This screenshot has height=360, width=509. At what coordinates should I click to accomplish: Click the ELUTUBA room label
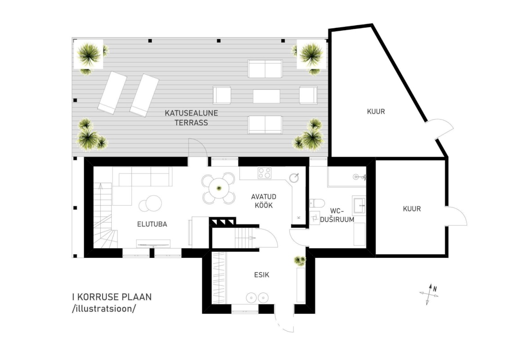pyautogui.click(x=152, y=224)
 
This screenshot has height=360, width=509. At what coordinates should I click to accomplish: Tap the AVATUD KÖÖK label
pyautogui.click(x=264, y=201)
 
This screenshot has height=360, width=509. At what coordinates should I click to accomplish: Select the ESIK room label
pyautogui.click(x=261, y=275)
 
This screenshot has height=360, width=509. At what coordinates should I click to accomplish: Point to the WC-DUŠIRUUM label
pyautogui.click(x=337, y=216)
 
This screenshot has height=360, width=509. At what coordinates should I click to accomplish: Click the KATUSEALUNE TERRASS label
pyautogui.click(x=191, y=118)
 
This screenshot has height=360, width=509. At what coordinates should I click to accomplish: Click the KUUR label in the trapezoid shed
pyautogui.click(x=376, y=111)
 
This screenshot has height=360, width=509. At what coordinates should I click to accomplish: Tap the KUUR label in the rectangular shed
pyautogui.click(x=412, y=209)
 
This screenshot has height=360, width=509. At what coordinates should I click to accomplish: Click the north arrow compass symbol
pyautogui.click(x=429, y=294)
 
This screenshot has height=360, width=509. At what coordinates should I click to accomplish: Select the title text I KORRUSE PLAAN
pyautogui.click(x=112, y=297)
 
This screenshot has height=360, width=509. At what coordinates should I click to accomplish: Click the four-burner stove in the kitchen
pyautogui.click(x=265, y=173)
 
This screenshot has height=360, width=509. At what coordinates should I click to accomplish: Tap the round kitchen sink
pyautogui.click(x=294, y=178)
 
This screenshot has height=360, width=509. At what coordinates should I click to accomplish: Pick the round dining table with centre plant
pyautogui.click(x=219, y=188)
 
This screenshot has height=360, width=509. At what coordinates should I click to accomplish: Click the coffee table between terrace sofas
pyautogui.click(x=266, y=96)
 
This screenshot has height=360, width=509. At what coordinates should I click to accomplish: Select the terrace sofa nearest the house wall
pyautogui.click(x=265, y=125)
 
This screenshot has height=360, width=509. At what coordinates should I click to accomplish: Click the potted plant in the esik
pyautogui.click(x=300, y=261)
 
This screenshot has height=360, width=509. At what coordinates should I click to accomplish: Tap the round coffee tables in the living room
pyautogui.click(x=150, y=204)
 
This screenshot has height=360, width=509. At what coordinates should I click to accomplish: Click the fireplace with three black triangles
pyautogui.click(x=222, y=222)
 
